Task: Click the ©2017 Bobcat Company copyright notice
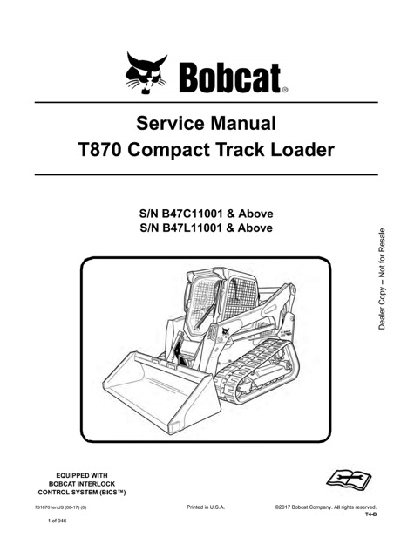324,507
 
